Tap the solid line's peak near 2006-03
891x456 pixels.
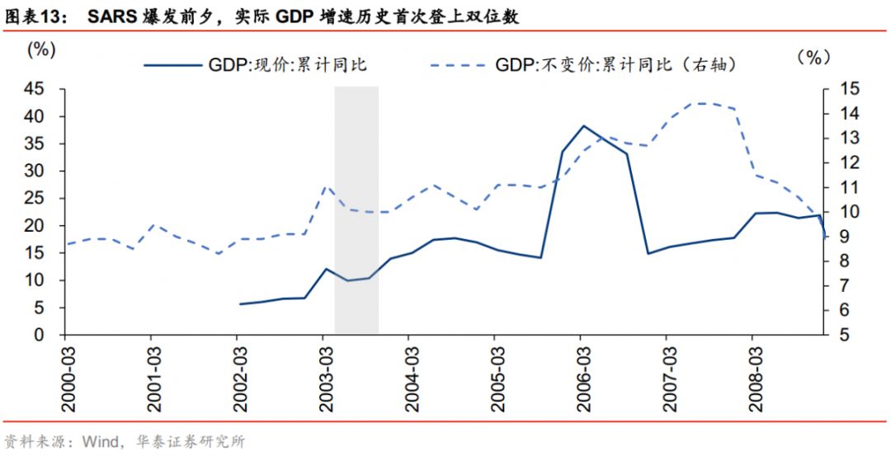pos(583,126)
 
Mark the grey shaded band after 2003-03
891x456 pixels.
pos(356,210)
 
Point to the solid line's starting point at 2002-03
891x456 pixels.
pos(240,304)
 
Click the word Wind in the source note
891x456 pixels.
pos(97,441)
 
